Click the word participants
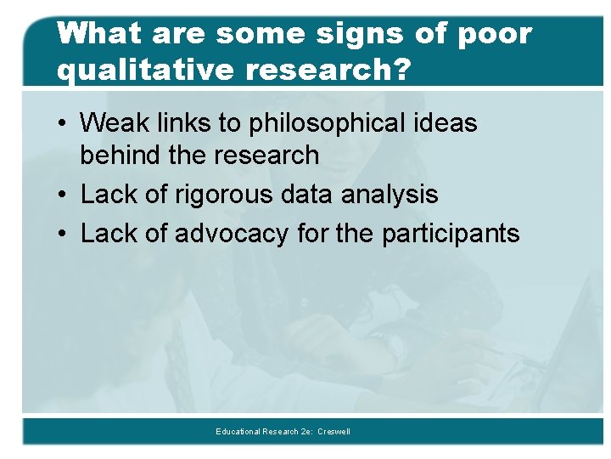(450, 234)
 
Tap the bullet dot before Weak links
(64, 124)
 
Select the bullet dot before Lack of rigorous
(64, 195)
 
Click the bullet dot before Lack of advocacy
(64, 235)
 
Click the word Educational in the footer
(237, 432)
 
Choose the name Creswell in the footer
(334, 432)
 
